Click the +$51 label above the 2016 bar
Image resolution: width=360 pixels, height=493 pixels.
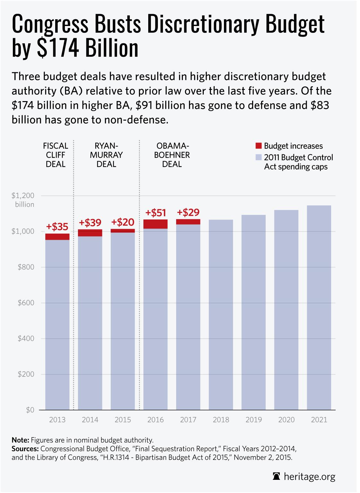pos(156,213)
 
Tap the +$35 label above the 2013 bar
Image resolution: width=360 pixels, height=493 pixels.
pos(57,227)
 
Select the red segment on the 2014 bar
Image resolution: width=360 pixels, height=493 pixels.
pos(90,233)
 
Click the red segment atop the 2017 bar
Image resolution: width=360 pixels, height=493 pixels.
pos(188,222)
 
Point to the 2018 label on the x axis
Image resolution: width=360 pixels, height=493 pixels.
pos(221,419)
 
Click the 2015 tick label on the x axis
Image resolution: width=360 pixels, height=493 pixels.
pos(123,419)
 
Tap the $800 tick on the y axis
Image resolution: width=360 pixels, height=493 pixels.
pos(26,267)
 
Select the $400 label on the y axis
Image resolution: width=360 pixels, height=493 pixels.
pos(26,339)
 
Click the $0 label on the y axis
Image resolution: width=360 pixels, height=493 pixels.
pos(30,410)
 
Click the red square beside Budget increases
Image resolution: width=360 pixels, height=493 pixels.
pos(259,146)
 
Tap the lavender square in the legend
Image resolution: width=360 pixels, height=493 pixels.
pos(259,158)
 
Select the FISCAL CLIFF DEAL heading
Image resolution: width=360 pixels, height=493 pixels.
pos(56,155)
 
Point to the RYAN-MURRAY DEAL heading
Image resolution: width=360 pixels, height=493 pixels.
pos(106,155)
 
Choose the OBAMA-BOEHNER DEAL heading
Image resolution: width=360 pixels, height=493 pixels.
pos(172,155)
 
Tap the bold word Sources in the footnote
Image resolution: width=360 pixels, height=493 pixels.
pos(25,448)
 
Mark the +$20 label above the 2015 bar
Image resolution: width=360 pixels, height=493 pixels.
pos(123,222)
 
